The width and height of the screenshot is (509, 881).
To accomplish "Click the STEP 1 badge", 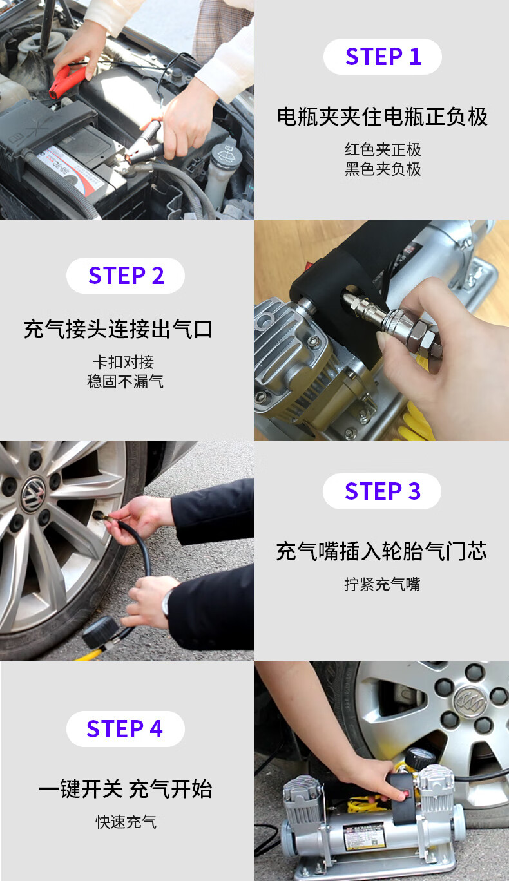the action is coord(382,57).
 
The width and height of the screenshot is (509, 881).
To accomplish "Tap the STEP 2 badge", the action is coord(126,276).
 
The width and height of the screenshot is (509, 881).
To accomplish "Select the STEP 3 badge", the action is coord(382,491).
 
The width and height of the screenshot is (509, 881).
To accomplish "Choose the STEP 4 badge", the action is coord(126,729).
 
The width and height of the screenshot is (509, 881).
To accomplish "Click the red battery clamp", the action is coord(66,82).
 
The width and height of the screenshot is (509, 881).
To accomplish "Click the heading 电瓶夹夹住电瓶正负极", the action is coord(382,117).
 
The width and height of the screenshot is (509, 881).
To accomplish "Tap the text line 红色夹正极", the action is coord(383,150).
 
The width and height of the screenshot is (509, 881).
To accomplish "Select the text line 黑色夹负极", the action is coord(383,169).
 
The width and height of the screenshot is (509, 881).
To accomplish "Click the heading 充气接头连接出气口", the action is coord(118,329).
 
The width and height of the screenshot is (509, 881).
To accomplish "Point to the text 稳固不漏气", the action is coord(125,381).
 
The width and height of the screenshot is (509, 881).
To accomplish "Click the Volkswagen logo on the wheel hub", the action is coord(33,493).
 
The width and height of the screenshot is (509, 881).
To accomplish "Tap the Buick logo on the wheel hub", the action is coord(470,701).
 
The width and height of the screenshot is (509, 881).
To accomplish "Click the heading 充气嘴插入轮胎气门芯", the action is coord(381,551).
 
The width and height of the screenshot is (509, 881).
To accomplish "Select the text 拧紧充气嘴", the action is coord(382,585).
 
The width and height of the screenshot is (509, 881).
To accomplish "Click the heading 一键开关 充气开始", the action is coord(126,788).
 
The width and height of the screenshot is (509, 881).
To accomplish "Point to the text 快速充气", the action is coord(126,822).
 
